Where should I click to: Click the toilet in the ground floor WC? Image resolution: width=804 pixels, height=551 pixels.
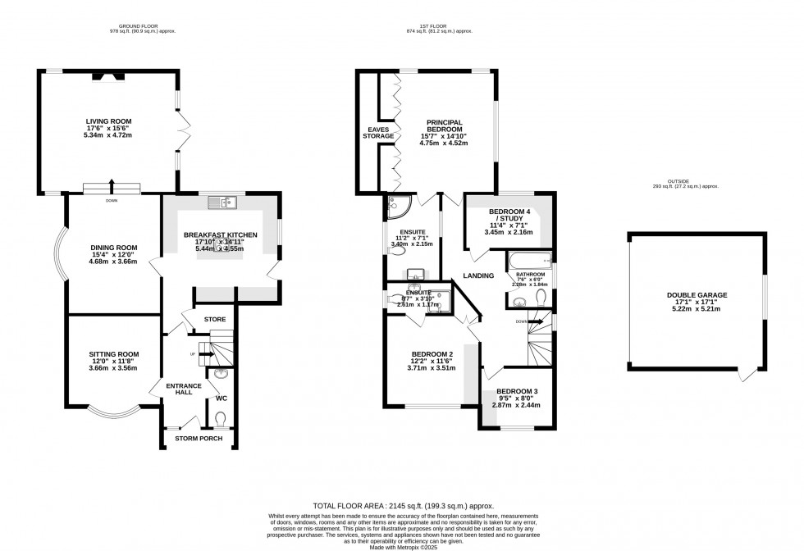pyautogui.click(x=219, y=418)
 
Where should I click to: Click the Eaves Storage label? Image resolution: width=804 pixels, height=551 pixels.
pyautogui.click(x=378, y=132)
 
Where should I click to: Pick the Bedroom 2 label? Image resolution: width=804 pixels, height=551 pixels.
pyautogui.click(x=432, y=355)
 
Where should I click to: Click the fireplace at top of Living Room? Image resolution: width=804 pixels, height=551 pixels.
pyautogui.click(x=108, y=76)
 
